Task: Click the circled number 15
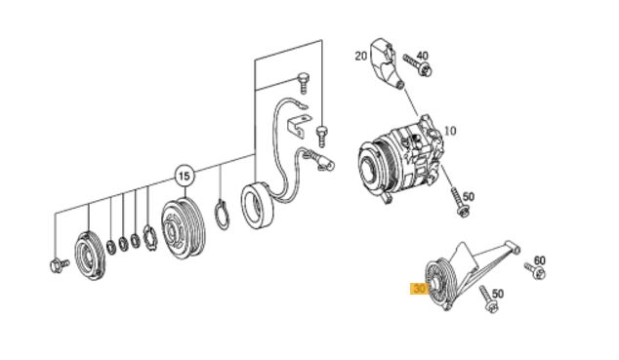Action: click(x=185, y=176)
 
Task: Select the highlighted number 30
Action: click(x=419, y=289)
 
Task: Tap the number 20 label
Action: click(x=361, y=56)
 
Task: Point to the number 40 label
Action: click(x=422, y=56)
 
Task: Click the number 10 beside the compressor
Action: click(x=450, y=131)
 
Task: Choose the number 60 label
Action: click(x=540, y=260)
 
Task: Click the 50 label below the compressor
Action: click(x=469, y=196)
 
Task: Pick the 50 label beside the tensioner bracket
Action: click(x=498, y=294)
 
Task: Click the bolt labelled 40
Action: click(x=417, y=65)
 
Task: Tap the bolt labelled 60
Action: click(x=535, y=270)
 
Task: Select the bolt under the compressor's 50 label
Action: click(x=459, y=202)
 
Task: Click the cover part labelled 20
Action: click(x=384, y=63)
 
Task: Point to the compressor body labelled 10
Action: click(x=399, y=158)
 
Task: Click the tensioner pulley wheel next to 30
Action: click(x=441, y=282)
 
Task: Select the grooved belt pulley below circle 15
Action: click(x=184, y=228)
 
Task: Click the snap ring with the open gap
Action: click(x=223, y=215)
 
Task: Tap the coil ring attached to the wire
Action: click(x=257, y=206)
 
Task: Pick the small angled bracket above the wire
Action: click(x=297, y=126)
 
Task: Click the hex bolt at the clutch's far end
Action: click(x=60, y=265)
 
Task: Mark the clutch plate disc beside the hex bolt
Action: click(x=90, y=256)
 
